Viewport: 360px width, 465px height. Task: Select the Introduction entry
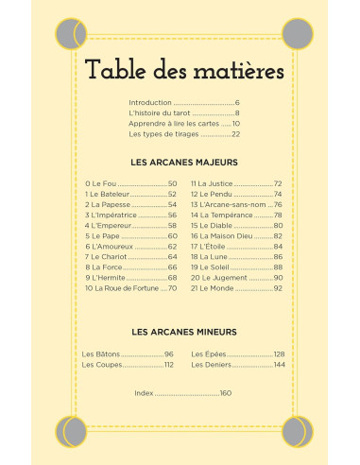click(x=150, y=101)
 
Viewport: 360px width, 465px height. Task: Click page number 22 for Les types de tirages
click(x=235, y=133)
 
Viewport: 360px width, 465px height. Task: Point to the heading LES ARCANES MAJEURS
click(x=183, y=162)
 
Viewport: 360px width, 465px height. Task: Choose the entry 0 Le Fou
click(x=101, y=183)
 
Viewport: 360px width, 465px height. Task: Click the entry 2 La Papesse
click(x=109, y=204)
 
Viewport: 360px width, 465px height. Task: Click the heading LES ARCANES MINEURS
click(x=183, y=332)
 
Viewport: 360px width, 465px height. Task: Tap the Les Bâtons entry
click(x=102, y=353)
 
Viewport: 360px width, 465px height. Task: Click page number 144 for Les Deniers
click(x=278, y=364)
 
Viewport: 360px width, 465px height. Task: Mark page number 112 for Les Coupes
click(x=168, y=364)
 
